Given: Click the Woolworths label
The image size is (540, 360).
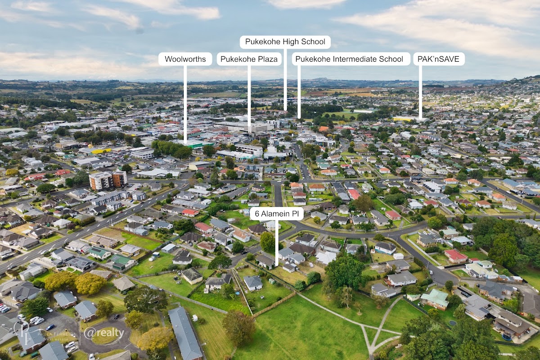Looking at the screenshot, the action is [185, 59].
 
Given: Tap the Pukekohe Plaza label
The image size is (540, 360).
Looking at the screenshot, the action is [249, 59].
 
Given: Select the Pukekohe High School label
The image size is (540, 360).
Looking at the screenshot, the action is [285, 42].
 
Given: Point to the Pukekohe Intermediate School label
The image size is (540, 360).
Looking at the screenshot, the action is [351, 59].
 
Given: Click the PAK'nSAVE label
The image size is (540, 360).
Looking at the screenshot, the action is [439, 59].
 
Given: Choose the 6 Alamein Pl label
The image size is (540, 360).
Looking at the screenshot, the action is [277, 214].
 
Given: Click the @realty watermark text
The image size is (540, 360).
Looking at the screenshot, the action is [104, 333].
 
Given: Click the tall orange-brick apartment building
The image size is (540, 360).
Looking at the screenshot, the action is [108, 180].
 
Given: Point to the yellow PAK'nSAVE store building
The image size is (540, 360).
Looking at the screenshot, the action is [407, 119].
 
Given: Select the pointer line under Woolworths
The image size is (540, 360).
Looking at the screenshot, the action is [185, 103].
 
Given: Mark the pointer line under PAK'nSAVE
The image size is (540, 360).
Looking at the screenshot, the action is [420, 92].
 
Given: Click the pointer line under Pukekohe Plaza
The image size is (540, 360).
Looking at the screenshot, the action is [249, 99].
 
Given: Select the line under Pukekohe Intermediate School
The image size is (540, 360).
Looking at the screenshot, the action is [299, 92].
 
